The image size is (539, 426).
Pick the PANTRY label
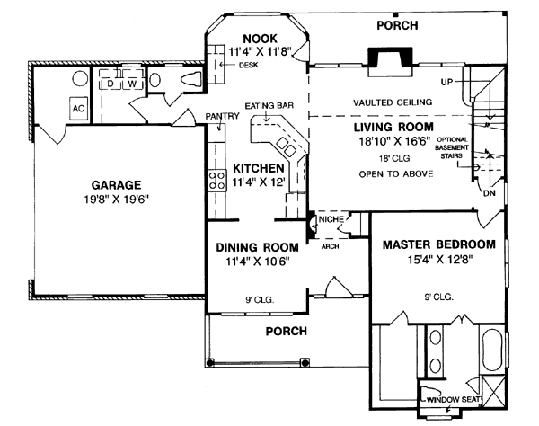[219, 116]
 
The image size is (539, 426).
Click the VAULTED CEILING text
[393, 102]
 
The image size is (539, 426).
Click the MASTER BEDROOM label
[439, 244]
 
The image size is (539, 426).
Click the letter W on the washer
[131, 84]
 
